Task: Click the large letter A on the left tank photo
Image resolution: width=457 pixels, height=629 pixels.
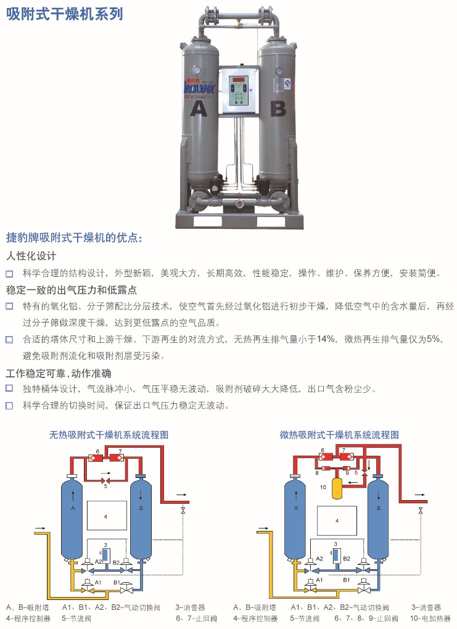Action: pyautogui.click(x=198, y=109)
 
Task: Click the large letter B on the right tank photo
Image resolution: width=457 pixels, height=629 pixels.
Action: pyautogui.click(x=278, y=109)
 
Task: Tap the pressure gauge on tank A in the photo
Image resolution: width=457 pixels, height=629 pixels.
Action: pyautogui.click(x=197, y=70)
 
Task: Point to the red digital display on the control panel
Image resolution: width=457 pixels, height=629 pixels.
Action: pyautogui.click(x=239, y=80)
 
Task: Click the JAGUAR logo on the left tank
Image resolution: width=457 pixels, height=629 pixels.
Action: pyautogui.click(x=200, y=88)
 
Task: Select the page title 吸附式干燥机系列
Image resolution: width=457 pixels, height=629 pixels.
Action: pyautogui.click(x=65, y=14)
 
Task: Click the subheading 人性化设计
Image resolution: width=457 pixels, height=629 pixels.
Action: pyautogui.click(x=31, y=256)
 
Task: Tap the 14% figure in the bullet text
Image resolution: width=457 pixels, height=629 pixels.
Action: pyautogui.click(x=326, y=339)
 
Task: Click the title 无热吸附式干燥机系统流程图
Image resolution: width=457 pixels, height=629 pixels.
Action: pyautogui.click(x=109, y=435)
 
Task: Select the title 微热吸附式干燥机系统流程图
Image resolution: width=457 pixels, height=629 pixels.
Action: pyautogui.click(x=339, y=435)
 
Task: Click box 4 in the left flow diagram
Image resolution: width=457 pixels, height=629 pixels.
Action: pyautogui.click(x=106, y=516)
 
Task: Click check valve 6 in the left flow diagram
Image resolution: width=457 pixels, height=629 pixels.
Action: pyautogui.click(x=96, y=458)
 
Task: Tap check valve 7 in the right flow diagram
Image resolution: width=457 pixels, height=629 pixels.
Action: pyautogui.click(x=345, y=456)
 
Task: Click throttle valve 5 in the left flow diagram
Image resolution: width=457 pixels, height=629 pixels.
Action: pyautogui.click(x=105, y=480)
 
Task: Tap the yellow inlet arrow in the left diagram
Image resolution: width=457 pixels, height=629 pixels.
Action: pyautogui.click(x=41, y=528)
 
